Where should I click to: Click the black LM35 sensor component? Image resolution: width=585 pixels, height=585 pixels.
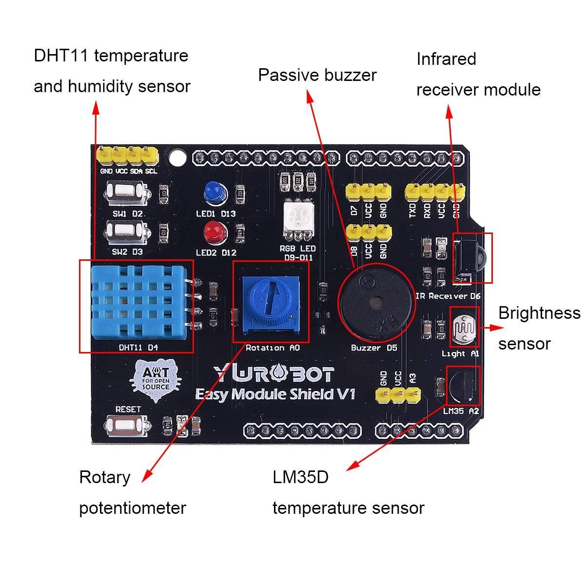click(x=464, y=385)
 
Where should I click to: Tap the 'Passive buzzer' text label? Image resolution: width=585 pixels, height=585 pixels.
click(x=317, y=75)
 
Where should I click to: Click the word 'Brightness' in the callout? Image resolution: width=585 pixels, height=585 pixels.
click(x=539, y=313)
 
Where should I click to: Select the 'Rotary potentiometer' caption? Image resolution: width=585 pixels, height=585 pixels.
click(x=133, y=492)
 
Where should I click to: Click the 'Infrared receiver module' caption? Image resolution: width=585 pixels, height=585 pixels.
click(x=478, y=75)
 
